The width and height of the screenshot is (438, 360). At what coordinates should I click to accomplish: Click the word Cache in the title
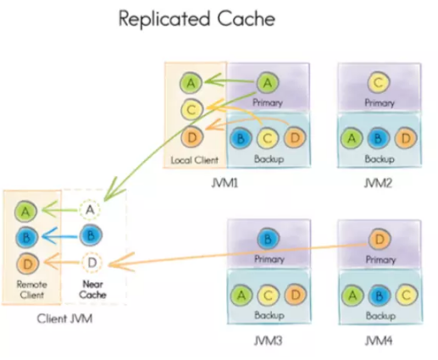[x=247, y=19]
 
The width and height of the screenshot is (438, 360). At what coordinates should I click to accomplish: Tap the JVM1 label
[x=225, y=184]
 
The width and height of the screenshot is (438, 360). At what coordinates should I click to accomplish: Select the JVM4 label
[x=379, y=341]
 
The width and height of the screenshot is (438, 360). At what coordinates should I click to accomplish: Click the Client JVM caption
[x=64, y=318]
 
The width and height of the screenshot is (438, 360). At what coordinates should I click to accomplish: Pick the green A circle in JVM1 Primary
[x=268, y=83]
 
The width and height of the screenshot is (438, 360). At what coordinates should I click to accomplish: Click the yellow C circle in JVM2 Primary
[x=379, y=82]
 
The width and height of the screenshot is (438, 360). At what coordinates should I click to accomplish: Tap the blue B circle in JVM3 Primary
[x=268, y=239]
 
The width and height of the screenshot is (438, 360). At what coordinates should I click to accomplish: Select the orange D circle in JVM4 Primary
[x=380, y=240]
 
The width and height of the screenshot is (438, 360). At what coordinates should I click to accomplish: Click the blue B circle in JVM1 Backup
[x=241, y=138]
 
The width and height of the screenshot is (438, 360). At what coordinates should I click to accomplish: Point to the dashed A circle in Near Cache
[x=90, y=209]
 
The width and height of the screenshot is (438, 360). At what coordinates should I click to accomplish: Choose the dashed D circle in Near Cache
[x=92, y=263]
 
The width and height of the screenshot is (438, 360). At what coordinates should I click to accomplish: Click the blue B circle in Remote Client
[x=26, y=237]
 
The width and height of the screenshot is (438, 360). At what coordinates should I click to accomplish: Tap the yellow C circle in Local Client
[x=191, y=109]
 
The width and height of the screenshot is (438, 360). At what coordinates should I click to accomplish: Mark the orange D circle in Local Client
[x=192, y=137]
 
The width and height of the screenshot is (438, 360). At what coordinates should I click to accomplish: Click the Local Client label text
[x=195, y=160]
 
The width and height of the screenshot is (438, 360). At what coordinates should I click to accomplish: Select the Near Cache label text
[x=92, y=290]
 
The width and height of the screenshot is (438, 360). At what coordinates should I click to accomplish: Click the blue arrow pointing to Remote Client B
[x=60, y=235]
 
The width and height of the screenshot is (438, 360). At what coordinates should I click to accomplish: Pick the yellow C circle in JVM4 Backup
[x=406, y=295]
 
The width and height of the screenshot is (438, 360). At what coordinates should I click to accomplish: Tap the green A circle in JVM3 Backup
[x=241, y=295]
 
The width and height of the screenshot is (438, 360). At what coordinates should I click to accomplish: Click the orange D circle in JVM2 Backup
[x=406, y=138]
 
